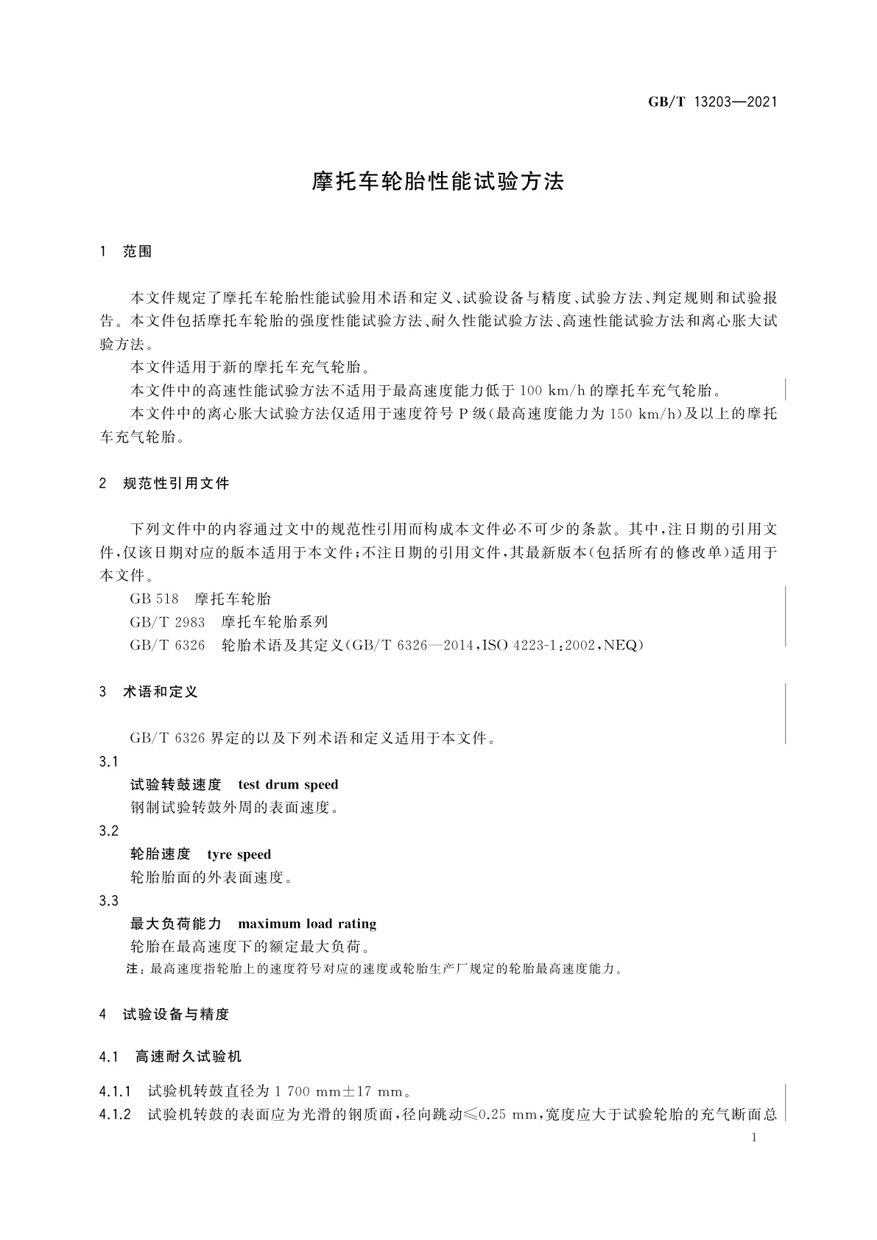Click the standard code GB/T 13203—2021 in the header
click(712, 102)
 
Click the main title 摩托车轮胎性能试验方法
click(438, 182)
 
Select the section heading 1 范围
click(125, 252)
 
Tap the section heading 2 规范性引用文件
click(164, 484)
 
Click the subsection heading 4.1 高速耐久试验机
click(170, 1057)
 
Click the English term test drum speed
click(288, 784)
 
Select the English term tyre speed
click(239, 854)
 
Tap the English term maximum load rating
click(307, 923)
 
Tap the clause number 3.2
click(108, 831)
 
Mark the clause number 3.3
click(108, 901)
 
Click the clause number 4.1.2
click(115, 1115)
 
